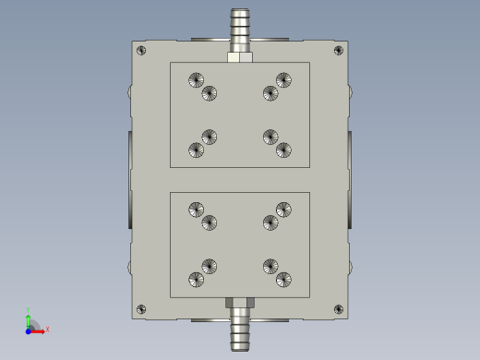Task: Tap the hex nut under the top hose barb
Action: tap(240, 57)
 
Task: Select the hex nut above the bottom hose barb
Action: tap(240, 302)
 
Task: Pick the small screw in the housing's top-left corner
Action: tap(140, 50)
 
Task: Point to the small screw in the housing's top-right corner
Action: tap(339, 50)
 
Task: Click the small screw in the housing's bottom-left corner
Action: tap(140, 309)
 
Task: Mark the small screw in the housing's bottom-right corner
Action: tap(339, 309)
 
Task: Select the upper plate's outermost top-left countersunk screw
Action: tap(195, 80)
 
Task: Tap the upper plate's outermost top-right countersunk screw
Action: tap(284, 80)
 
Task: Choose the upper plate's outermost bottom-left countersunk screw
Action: tap(196, 150)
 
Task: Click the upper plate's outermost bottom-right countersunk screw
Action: tap(284, 150)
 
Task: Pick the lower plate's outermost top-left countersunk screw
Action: tap(195, 210)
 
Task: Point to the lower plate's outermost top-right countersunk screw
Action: tap(284, 210)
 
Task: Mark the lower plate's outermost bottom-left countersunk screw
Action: tap(196, 279)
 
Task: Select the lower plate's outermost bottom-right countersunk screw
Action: tap(284, 279)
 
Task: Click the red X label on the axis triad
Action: tap(47, 329)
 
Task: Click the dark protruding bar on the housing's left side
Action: tap(129, 180)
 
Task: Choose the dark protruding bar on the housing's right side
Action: tap(351, 180)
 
